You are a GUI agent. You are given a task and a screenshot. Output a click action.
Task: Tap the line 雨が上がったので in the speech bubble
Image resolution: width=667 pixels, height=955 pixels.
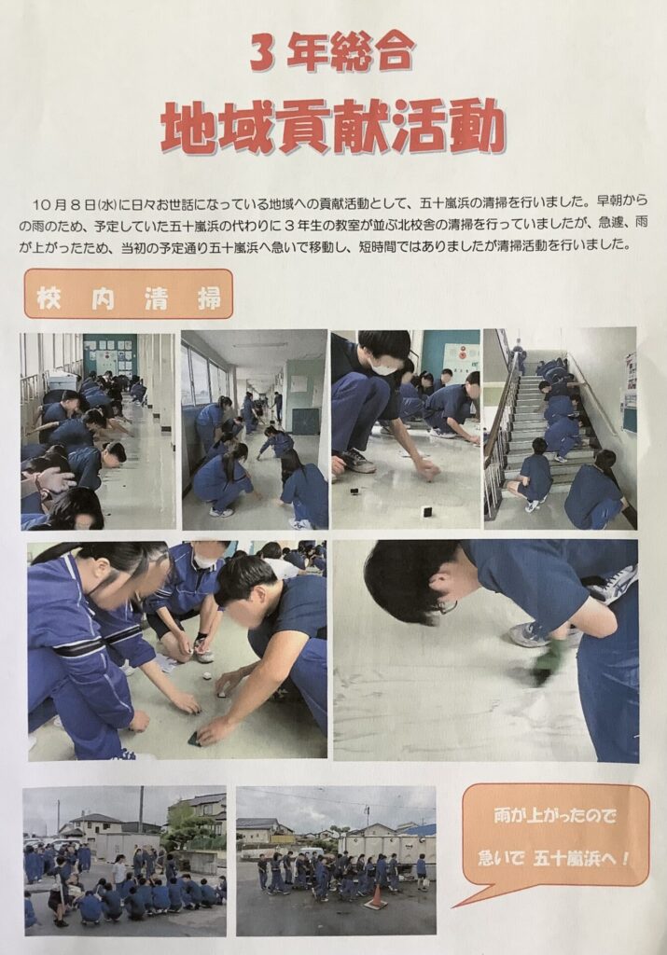click(x=555, y=816)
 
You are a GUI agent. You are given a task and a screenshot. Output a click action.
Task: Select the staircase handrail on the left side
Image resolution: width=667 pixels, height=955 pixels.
click(x=501, y=426)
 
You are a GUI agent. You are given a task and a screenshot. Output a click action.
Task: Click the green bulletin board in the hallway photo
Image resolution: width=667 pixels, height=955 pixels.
click(x=110, y=355)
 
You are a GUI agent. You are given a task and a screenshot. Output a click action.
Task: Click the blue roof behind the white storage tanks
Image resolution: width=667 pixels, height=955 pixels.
click(x=417, y=829)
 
